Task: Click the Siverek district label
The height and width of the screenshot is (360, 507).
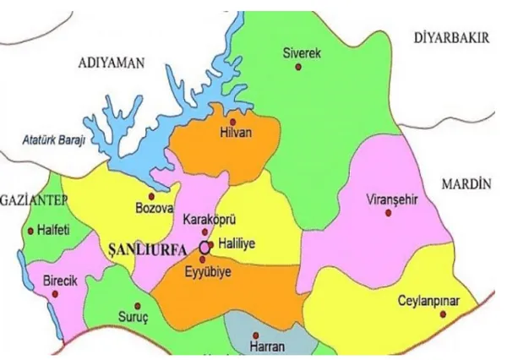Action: (x=302, y=53)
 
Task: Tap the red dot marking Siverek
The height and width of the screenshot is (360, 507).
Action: (x=297, y=68)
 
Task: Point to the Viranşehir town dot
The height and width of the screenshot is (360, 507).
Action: (x=389, y=212)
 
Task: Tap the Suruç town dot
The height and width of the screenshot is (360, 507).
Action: (x=138, y=306)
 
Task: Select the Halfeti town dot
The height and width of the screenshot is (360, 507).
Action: (x=30, y=230)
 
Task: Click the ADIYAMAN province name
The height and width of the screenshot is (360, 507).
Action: (x=111, y=63)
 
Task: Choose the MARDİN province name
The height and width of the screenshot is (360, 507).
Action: (x=466, y=184)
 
